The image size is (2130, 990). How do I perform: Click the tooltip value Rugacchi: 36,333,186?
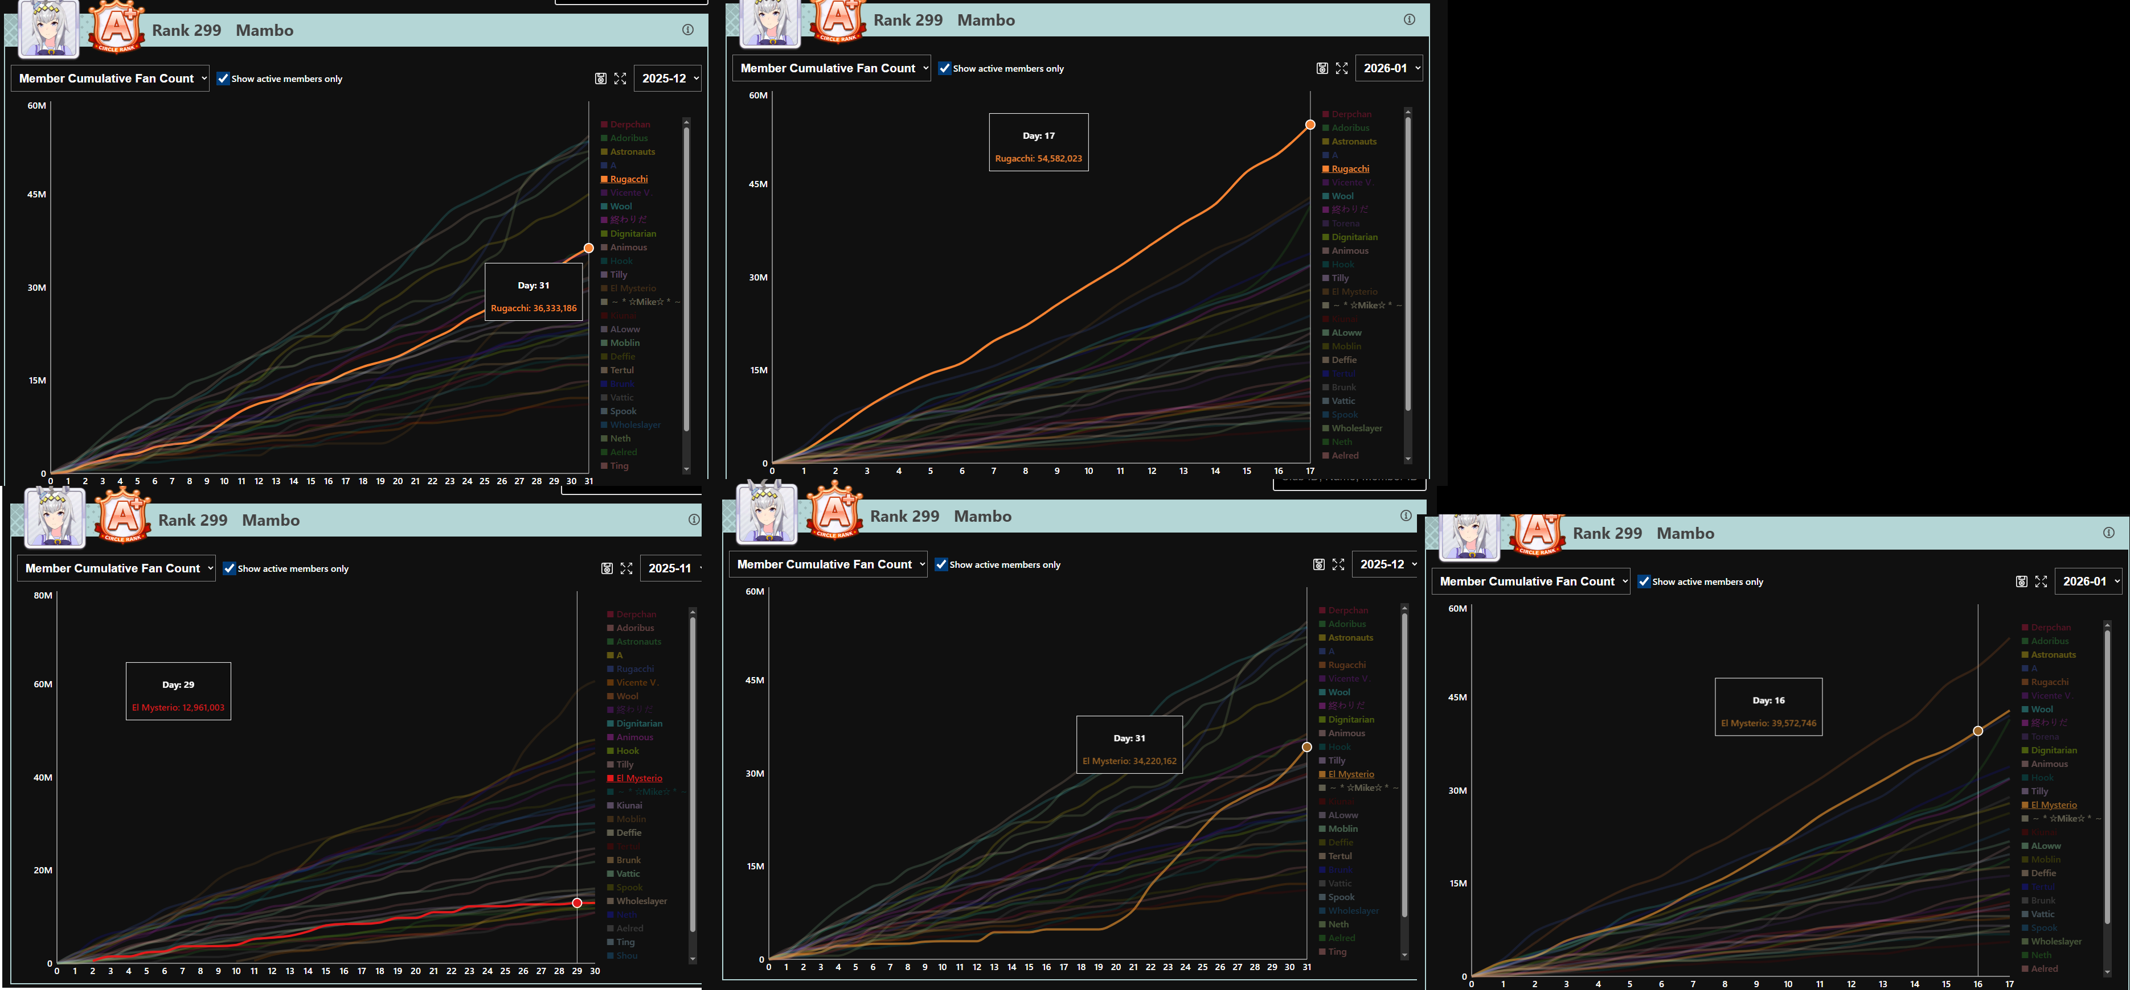(x=533, y=308)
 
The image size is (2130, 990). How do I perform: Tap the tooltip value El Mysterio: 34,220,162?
(x=1129, y=761)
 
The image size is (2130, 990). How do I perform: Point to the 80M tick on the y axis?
(x=43, y=596)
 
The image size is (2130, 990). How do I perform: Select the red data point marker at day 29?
(x=577, y=902)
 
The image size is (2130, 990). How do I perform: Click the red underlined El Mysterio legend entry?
(x=638, y=778)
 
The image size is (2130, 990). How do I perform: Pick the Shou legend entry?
(x=627, y=956)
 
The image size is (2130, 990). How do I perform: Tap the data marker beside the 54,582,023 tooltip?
(x=1310, y=125)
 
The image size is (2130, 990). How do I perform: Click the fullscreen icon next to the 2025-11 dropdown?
(x=626, y=568)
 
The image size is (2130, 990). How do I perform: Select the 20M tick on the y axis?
(x=43, y=870)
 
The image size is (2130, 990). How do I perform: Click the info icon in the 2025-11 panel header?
(x=693, y=520)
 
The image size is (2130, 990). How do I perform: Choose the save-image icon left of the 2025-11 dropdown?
(x=606, y=568)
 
